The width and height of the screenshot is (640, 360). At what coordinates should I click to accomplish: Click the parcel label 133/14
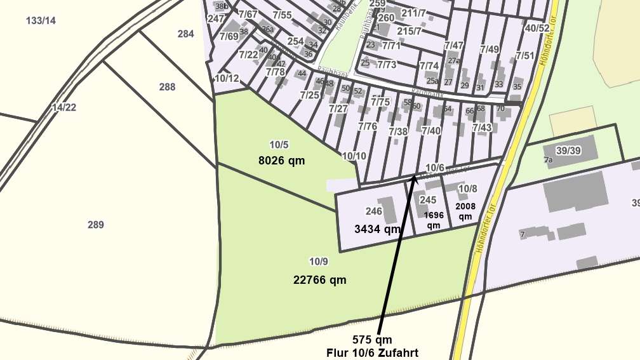point(41,20)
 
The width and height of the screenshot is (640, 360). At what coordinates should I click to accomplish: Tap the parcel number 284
point(185,34)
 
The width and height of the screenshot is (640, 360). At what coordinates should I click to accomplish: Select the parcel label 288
point(167,87)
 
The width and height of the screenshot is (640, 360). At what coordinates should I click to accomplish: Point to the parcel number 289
point(96,225)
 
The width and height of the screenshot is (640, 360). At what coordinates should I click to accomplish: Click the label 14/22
point(64,107)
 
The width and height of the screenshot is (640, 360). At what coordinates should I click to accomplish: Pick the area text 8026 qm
point(281,161)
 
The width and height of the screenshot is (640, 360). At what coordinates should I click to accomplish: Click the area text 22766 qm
point(320,279)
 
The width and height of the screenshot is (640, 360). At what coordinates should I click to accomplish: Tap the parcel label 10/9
point(318,262)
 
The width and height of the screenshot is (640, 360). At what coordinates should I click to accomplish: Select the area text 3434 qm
point(377,229)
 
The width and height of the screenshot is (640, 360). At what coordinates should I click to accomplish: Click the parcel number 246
point(374,211)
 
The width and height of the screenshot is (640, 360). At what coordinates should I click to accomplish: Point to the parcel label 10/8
point(467,189)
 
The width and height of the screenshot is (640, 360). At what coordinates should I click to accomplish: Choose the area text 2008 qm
point(466,211)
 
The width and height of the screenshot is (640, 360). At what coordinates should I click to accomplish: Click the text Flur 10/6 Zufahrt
point(372,352)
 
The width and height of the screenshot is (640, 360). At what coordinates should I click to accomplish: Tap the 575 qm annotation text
point(372,340)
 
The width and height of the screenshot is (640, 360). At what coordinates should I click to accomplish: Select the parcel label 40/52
point(537,28)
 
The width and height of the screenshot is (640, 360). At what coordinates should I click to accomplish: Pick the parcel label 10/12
point(227,79)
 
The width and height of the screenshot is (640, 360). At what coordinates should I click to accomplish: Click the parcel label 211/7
point(413,13)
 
